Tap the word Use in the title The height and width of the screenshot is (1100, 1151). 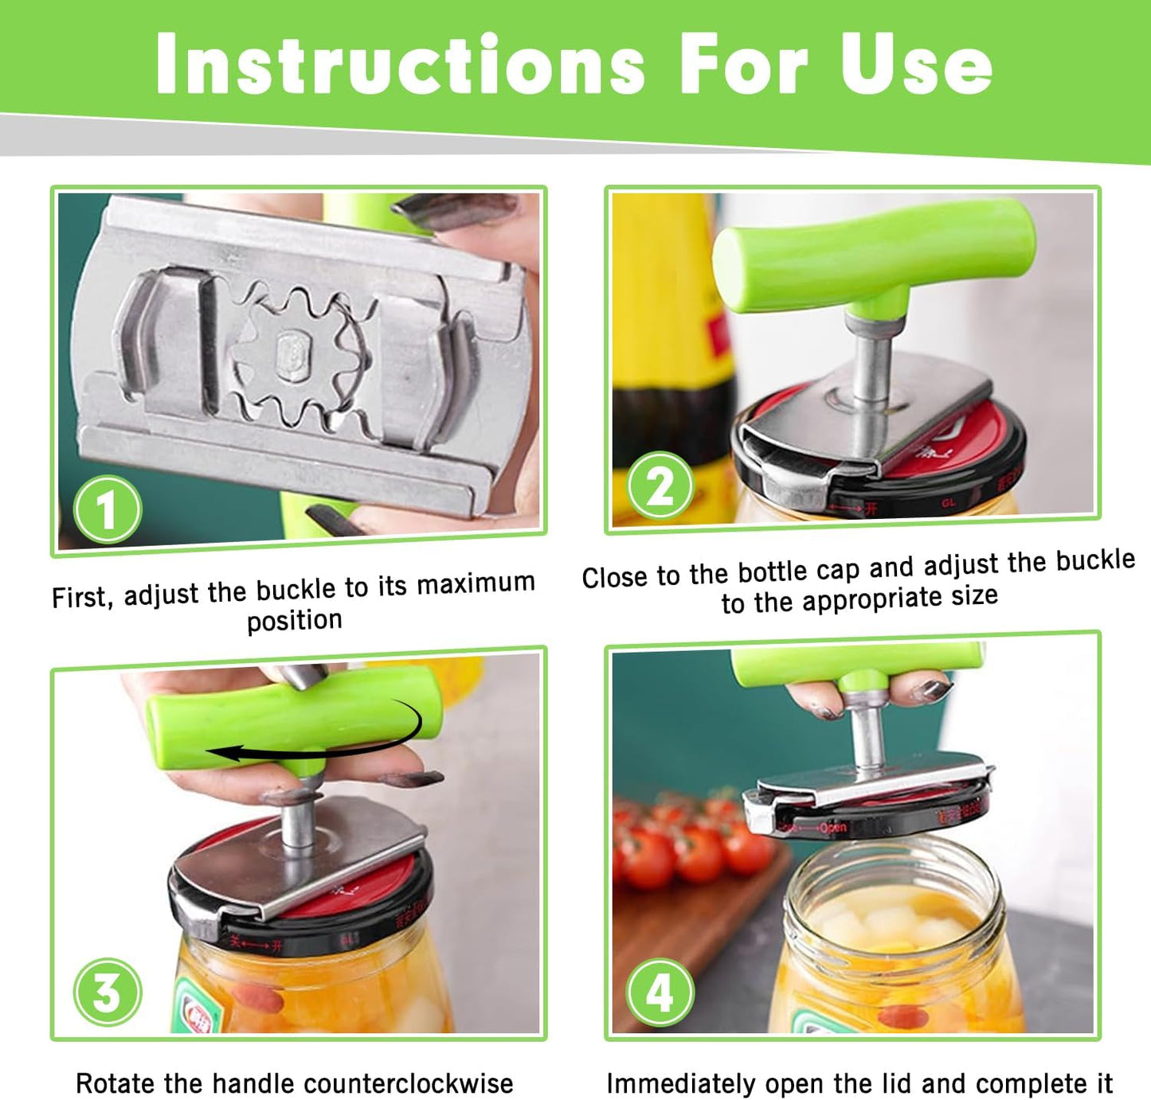(x=916, y=65)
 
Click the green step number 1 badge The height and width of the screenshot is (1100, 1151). (x=108, y=509)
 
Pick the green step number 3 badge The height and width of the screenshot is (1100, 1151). (x=108, y=993)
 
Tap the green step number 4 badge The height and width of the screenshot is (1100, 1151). (x=660, y=993)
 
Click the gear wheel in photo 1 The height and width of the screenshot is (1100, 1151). (x=299, y=350)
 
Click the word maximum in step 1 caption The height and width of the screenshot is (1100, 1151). (x=476, y=584)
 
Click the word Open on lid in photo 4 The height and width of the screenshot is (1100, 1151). (x=832, y=827)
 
